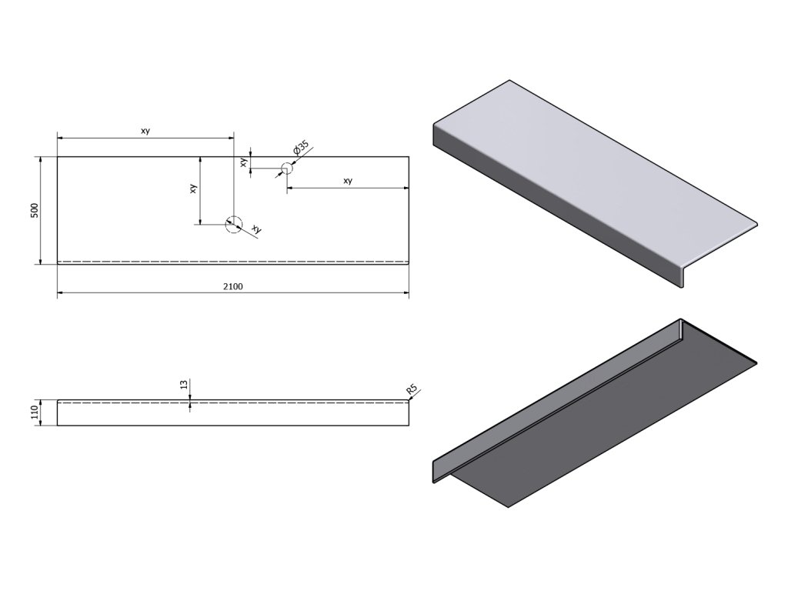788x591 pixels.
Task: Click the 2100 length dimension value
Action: pos(233,287)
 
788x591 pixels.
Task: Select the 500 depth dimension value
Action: pos(34,211)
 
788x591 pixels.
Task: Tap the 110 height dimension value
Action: pos(34,412)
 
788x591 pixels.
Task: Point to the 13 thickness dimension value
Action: pos(184,384)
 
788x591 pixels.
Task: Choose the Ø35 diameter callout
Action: pos(301,148)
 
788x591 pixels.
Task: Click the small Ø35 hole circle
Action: pos(286,168)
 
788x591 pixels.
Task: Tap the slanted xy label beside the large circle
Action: pos(256,230)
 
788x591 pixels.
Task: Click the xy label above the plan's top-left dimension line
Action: pos(145,131)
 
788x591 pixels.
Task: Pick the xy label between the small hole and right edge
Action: pos(348,181)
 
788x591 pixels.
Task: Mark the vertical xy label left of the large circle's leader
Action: pos(193,188)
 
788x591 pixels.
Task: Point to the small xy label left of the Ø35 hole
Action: pos(243,162)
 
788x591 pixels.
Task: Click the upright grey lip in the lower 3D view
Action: pos(554,400)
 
